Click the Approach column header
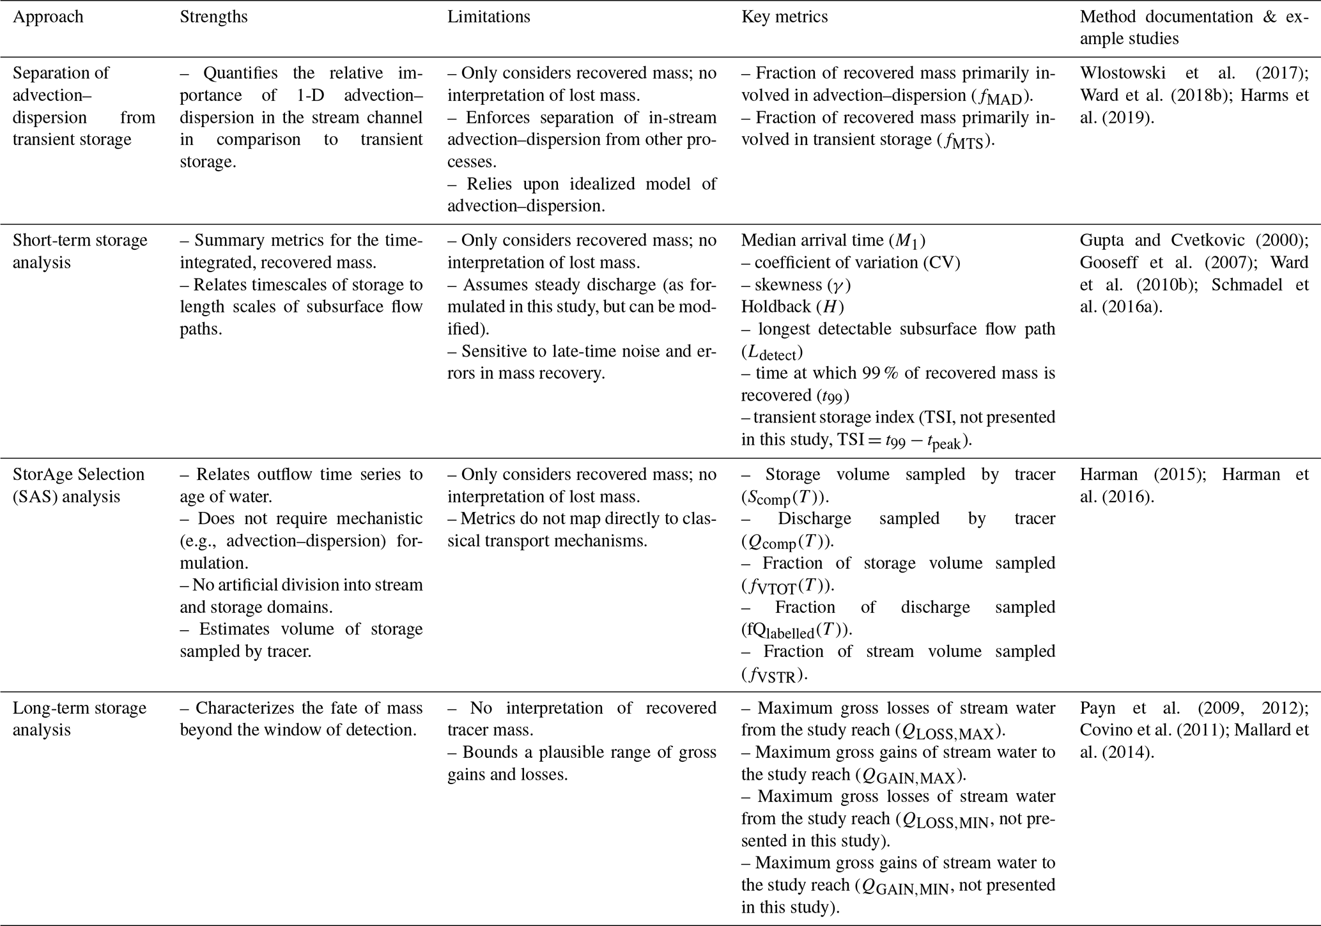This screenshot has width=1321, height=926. click(x=48, y=17)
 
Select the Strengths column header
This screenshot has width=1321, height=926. click(x=213, y=17)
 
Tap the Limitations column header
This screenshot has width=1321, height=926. click(x=488, y=17)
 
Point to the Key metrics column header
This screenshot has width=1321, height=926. click(x=784, y=17)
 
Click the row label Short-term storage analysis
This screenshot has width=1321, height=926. click(x=80, y=251)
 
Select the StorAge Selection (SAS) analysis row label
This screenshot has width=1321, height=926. click(x=79, y=485)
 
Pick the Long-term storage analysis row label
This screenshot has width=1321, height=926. click(x=80, y=719)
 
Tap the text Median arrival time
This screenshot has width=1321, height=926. click(x=812, y=240)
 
